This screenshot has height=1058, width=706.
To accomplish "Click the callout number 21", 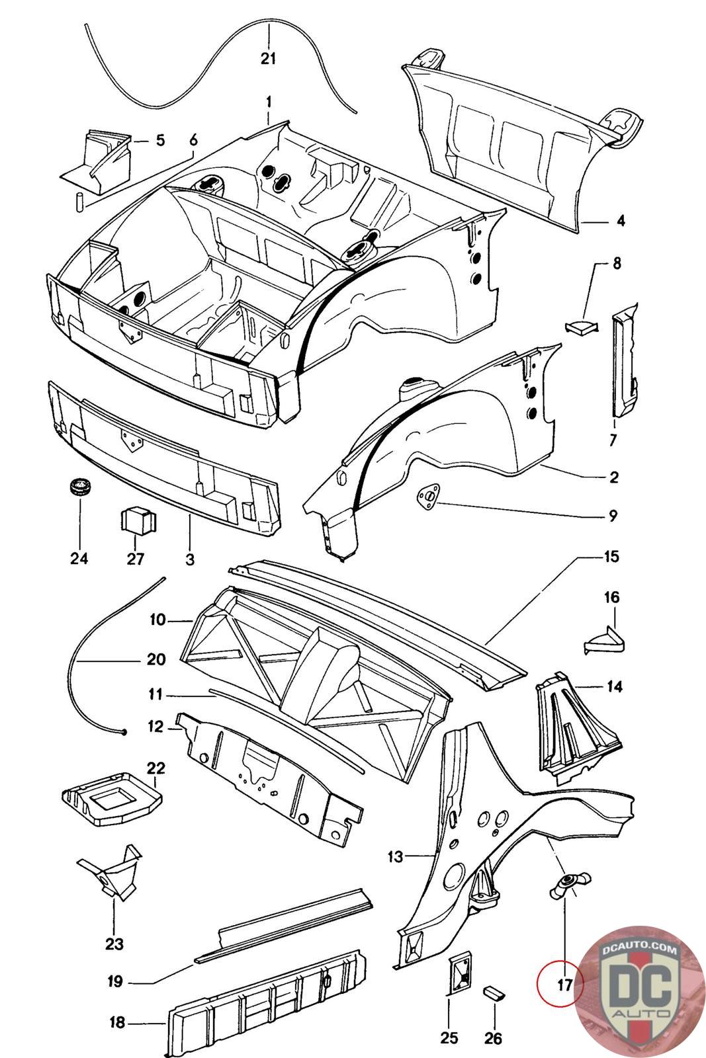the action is click(x=268, y=59).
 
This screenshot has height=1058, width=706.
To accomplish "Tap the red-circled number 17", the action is click(x=564, y=985).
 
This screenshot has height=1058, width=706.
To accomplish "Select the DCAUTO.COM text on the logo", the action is click(x=640, y=950).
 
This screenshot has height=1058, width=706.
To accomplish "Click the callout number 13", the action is click(x=396, y=856).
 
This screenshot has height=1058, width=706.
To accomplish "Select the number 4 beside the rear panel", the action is click(x=621, y=221).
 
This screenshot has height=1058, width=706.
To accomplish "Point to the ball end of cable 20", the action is click(x=124, y=732).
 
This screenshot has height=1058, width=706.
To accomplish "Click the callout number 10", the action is click(x=158, y=620).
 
